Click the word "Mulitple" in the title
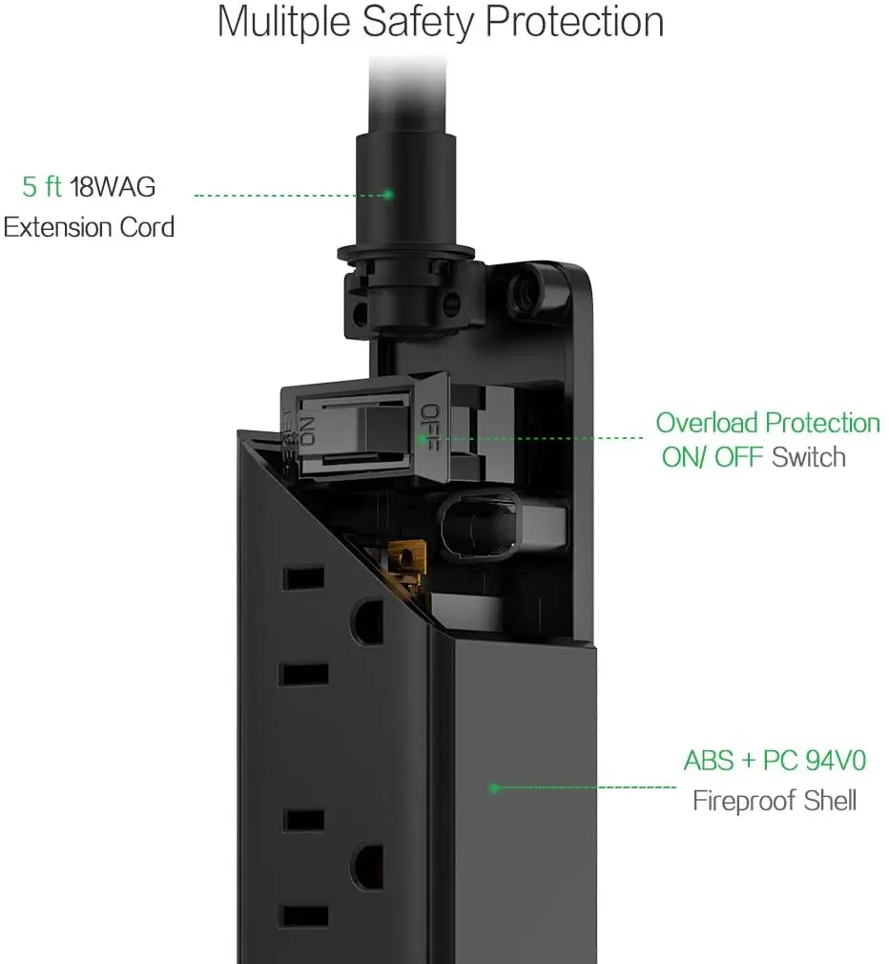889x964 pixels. click(x=284, y=22)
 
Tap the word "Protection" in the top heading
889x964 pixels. click(x=574, y=22)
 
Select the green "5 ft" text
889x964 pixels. click(x=42, y=186)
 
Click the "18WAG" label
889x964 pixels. click(x=113, y=186)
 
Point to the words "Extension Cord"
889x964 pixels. click(x=89, y=227)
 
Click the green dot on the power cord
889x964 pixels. click(x=388, y=195)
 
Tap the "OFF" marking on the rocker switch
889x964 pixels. click(x=431, y=428)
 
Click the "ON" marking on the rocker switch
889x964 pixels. click(x=307, y=431)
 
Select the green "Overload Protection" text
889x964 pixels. click(x=768, y=423)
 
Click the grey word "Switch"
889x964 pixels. click(x=809, y=457)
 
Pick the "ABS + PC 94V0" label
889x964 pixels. click(x=775, y=761)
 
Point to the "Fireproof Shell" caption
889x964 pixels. click(x=775, y=801)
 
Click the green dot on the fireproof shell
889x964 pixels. click(x=494, y=787)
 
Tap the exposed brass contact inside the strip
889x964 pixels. click(x=404, y=562)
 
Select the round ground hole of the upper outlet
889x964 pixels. click(x=367, y=622)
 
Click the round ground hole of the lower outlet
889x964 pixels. click(x=367, y=868)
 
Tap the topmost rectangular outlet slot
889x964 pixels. click(x=303, y=578)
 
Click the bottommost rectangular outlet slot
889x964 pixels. click(x=303, y=916)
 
